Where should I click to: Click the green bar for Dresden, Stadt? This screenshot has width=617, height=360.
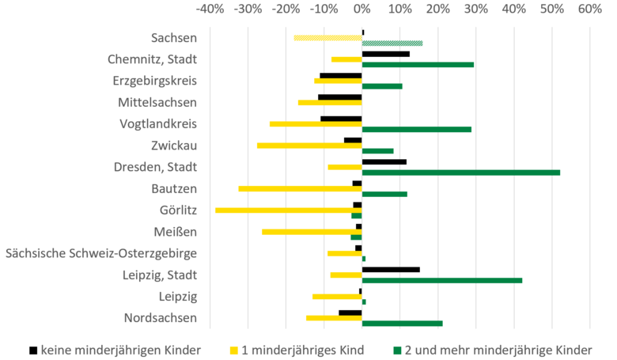[460, 172]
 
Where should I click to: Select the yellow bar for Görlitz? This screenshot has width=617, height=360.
[288, 210]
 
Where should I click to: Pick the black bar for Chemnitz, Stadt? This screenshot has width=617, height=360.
[385, 54]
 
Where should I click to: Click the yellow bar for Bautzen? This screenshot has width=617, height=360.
[300, 188]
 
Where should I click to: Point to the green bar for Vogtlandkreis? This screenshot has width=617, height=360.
[416, 129]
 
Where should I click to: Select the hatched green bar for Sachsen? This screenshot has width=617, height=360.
[392, 43]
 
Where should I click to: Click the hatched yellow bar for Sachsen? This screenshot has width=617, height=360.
[327, 38]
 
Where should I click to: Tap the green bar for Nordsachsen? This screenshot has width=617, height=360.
[402, 323]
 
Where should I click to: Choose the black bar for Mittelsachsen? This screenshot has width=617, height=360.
[339, 97]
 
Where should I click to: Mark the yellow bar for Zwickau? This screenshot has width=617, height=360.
[309, 146]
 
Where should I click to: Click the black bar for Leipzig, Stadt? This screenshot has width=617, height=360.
[391, 269]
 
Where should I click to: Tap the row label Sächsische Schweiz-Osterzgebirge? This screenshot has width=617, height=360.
[100, 253]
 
